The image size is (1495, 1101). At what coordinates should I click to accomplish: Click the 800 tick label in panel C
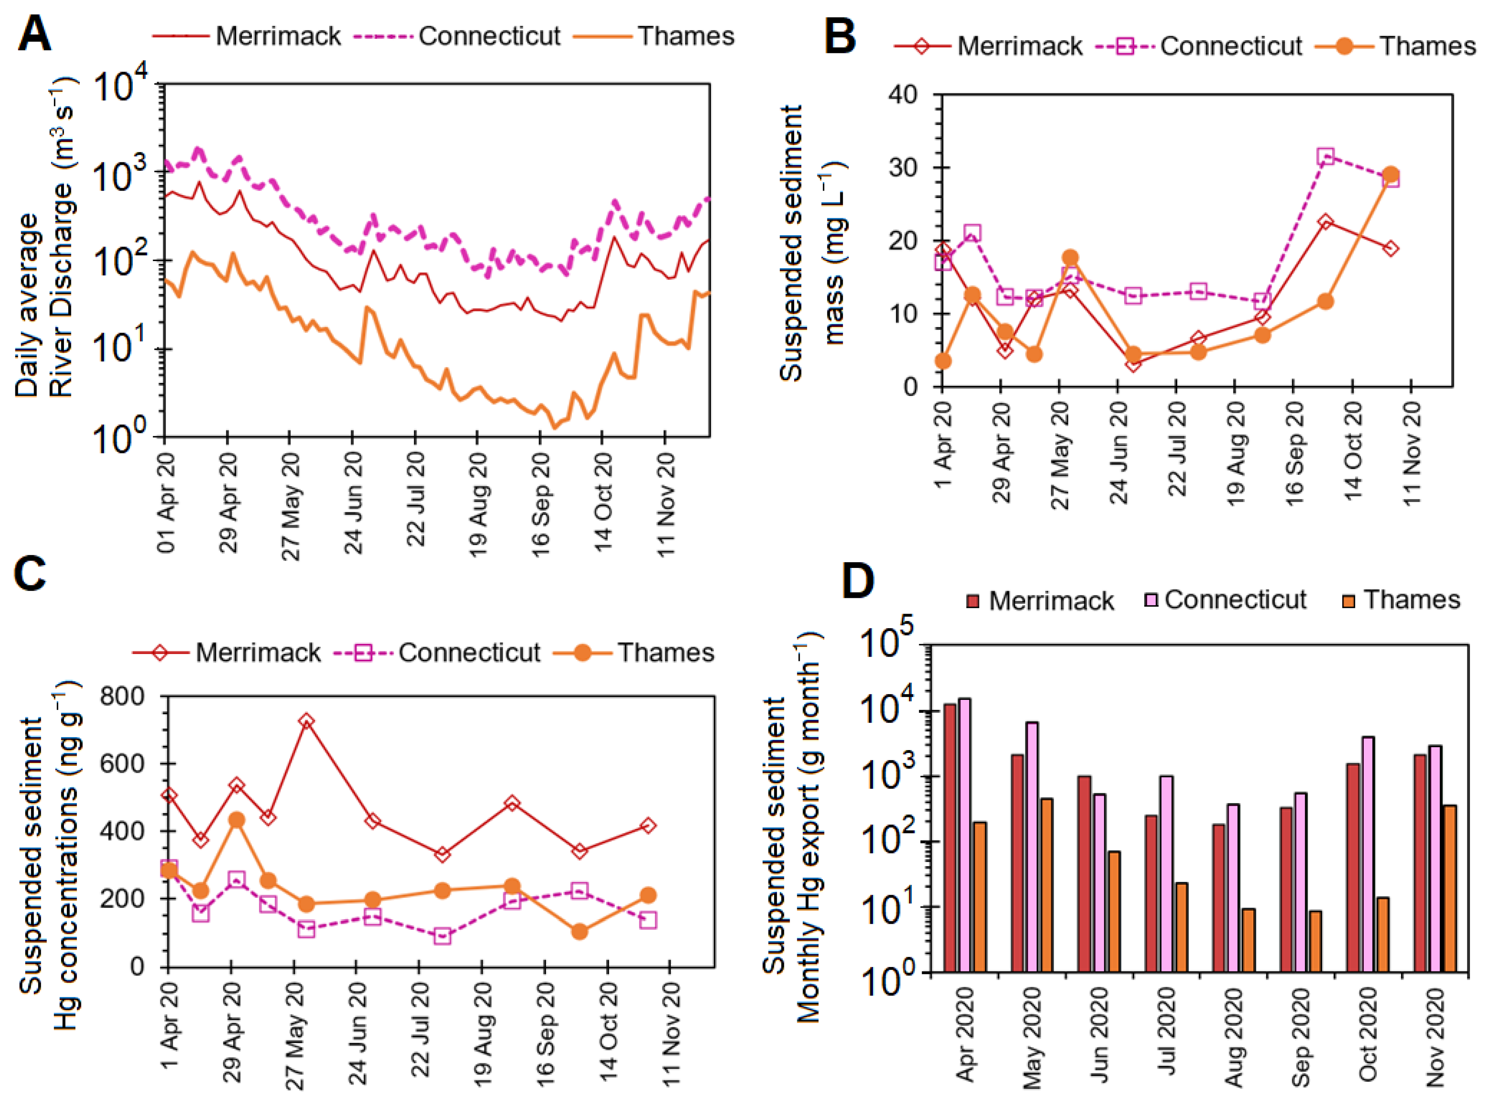(122, 697)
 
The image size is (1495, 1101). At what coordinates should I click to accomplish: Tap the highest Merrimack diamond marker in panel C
(306, 721)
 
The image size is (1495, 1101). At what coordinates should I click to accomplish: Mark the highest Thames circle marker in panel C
(236, 820)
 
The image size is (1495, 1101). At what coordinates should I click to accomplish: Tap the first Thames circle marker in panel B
(943, 361)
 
